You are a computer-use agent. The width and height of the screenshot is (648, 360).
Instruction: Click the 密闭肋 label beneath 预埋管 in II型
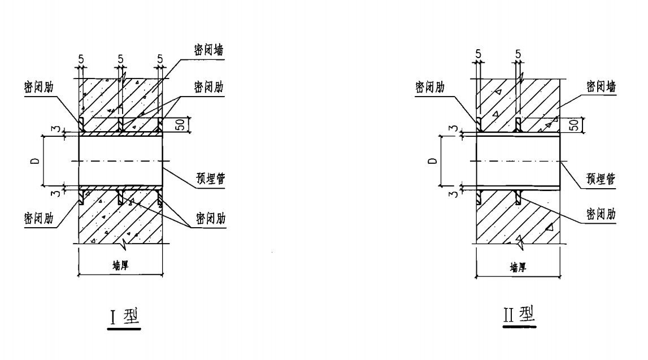click(600, 215)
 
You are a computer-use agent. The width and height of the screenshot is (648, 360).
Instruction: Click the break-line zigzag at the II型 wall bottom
click(518, 244)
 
